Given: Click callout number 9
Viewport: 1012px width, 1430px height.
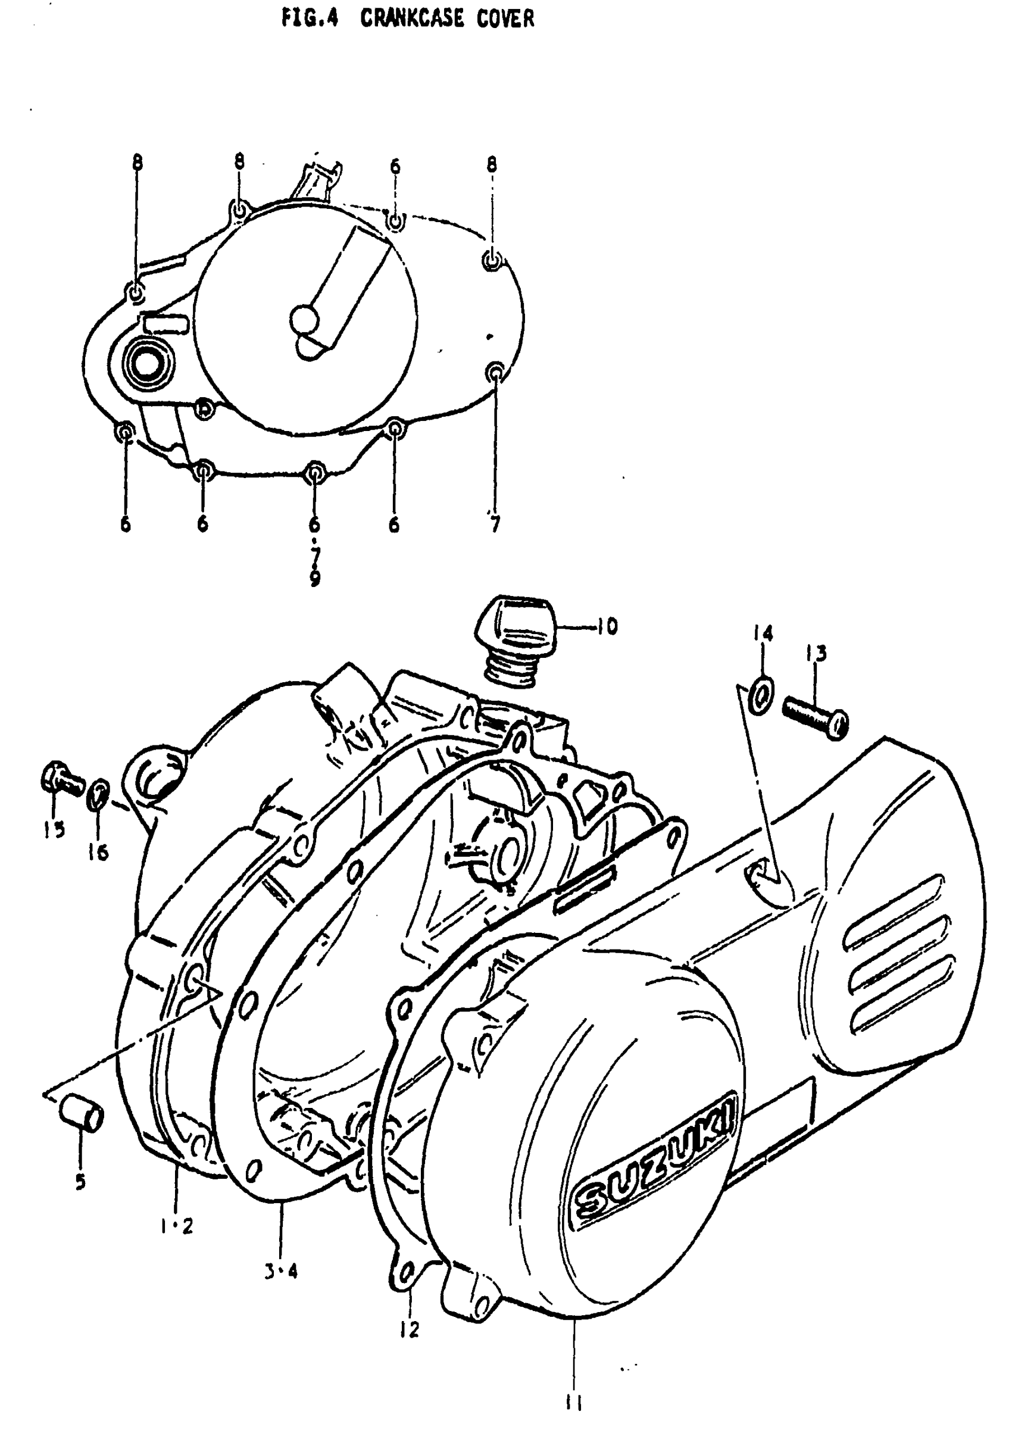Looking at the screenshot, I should (315, 578).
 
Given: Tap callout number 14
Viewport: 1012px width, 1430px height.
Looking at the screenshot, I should (763, 633).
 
